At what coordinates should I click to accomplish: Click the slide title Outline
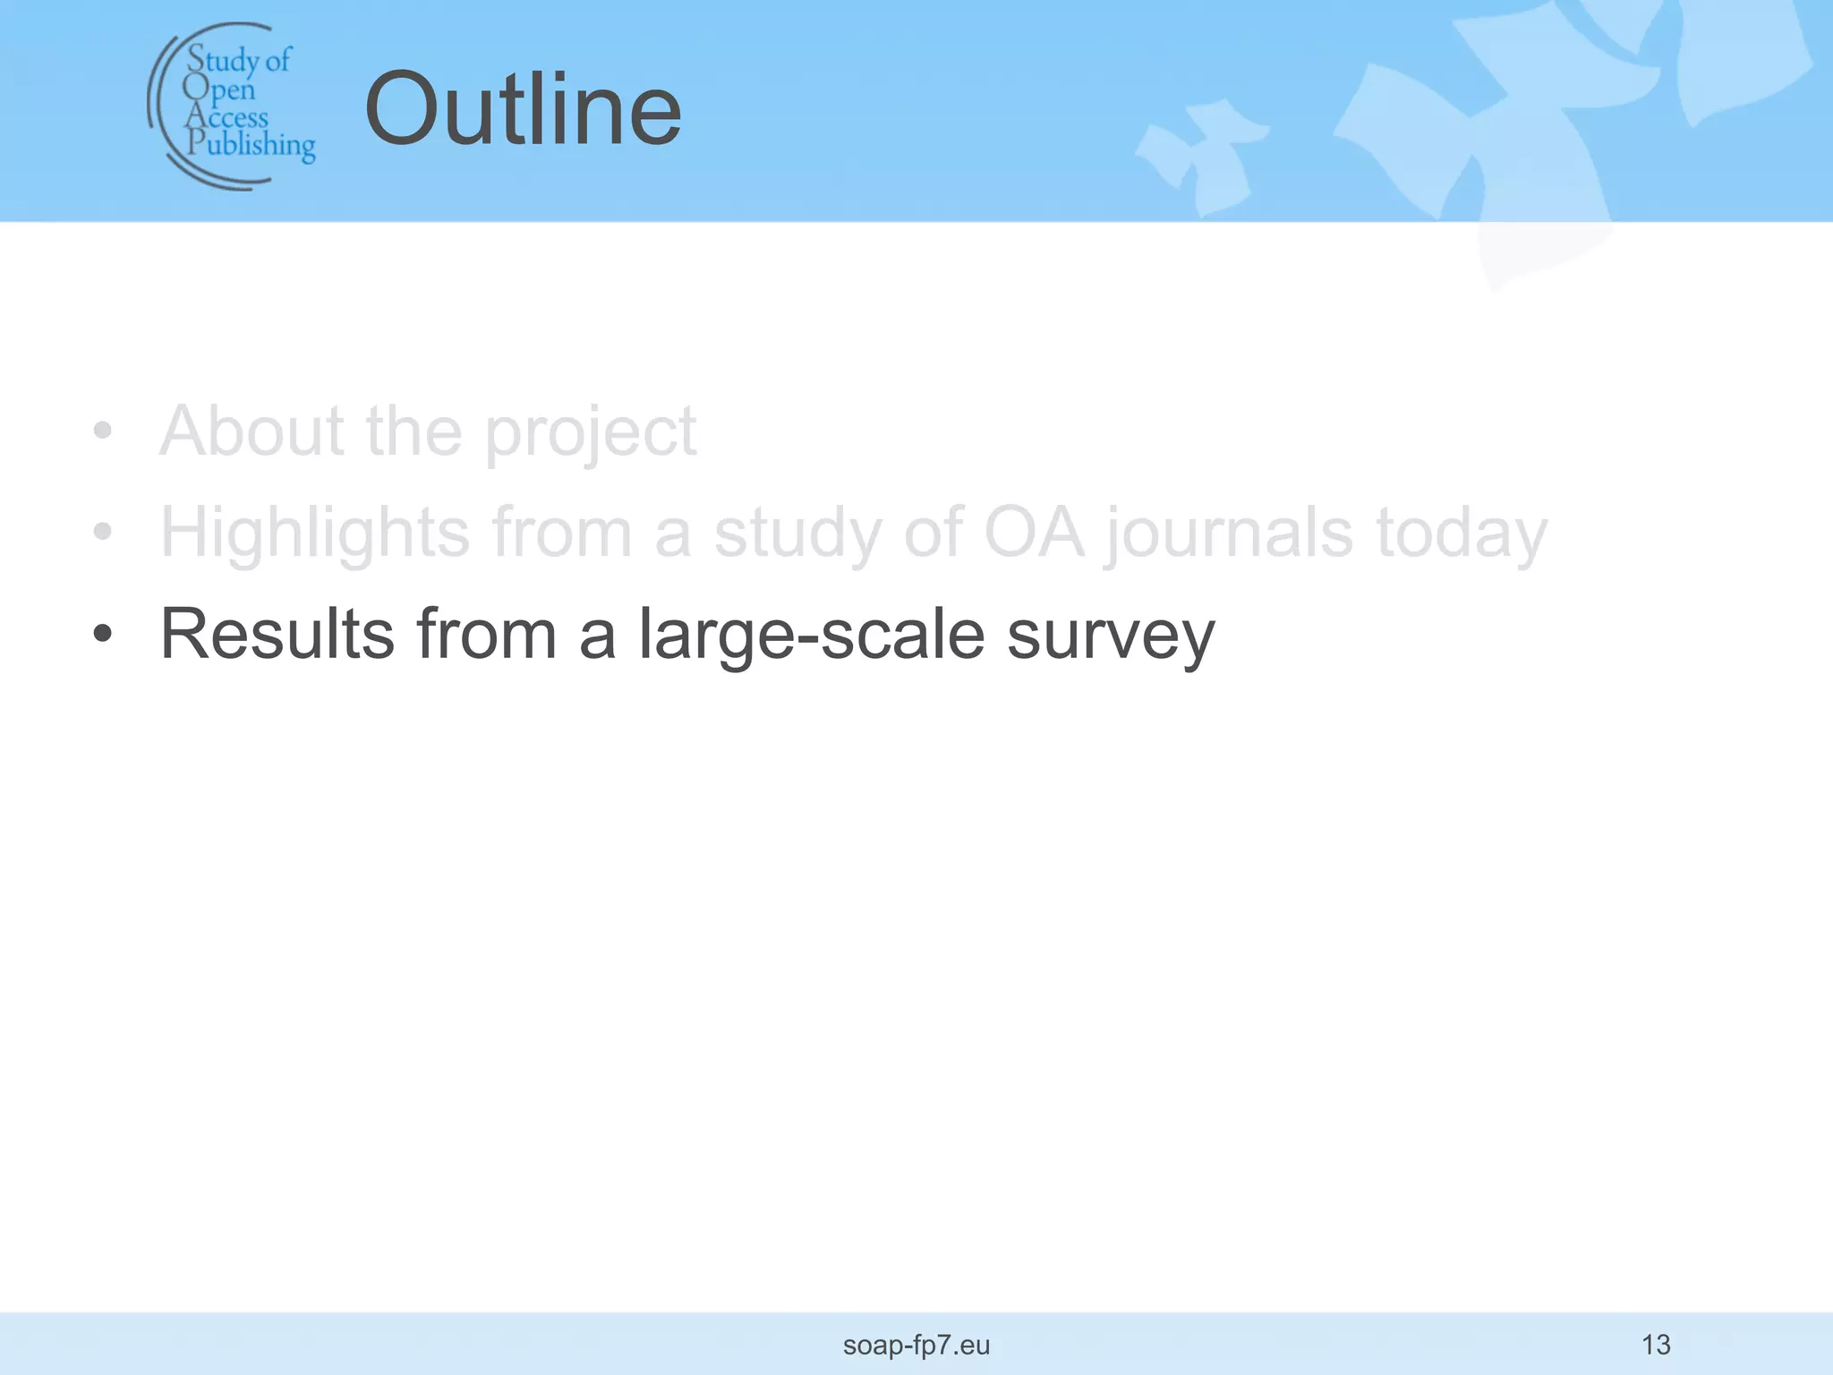point(523,110)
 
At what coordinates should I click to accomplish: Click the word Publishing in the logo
point(251,145)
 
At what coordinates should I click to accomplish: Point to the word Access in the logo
point(227,117)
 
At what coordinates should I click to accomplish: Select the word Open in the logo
point(219,90)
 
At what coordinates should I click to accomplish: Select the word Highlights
point(315,534)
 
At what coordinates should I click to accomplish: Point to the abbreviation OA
point(1034,533)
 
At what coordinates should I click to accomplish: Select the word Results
point(277,634)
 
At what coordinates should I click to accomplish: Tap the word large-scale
point(812,636)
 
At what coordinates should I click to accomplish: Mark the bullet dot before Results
point(103,634)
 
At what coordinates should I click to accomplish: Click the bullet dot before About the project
point(103,431)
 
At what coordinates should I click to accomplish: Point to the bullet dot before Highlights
point(103,532)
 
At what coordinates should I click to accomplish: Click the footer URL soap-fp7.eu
point(916,1345)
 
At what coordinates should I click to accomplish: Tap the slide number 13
point(1656,1345)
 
